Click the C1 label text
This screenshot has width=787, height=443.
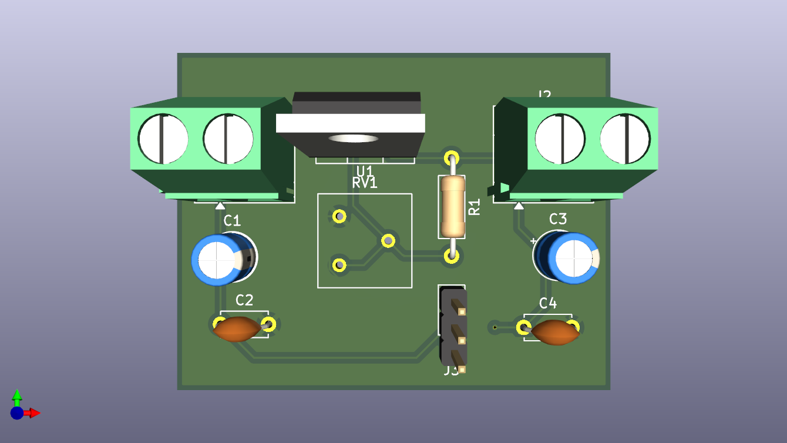[232, 221]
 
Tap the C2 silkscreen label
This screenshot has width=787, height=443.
[244, 300]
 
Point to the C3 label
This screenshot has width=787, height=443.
[557, 219]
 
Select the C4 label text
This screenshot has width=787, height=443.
[548, 303]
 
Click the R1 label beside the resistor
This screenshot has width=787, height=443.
[474, 207]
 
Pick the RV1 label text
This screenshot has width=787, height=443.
[365, 183]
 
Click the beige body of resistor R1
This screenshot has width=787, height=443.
[452, 206]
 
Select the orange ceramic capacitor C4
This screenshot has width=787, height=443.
[555, 332]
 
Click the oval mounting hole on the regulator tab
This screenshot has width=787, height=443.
[354, 139]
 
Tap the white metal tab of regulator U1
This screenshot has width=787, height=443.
[351, 123]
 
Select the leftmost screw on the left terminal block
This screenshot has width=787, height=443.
[163, 139]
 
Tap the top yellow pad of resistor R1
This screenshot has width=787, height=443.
[451, 158]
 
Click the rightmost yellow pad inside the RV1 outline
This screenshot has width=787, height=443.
[388, 240]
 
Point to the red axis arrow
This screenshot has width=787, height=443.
[33, 413]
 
